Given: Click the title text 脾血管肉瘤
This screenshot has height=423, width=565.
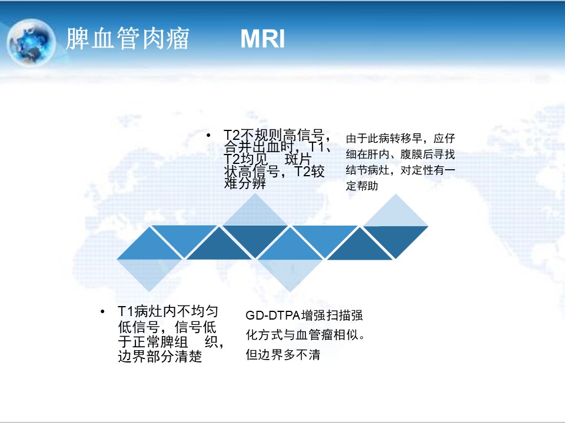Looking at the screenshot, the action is (x=128, y=38).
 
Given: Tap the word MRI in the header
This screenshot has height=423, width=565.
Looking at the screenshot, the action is (x=262, y=39).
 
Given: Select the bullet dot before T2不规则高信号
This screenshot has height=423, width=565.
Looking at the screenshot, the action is (x=208, y=135).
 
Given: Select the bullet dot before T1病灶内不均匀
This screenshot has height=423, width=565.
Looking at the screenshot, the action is (x=102, y=311).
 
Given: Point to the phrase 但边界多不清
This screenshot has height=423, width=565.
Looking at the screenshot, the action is (x=283, y=355).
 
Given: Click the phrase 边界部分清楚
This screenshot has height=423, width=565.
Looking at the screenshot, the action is (x=159, y=357).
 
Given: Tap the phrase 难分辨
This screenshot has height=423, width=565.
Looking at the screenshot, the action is (x=245, y=183).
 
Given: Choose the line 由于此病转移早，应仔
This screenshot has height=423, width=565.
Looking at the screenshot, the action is (x=400, y=139).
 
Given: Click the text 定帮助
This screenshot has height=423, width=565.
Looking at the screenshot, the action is (x=362, y=186).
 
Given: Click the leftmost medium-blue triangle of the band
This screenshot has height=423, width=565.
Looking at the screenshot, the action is (x=149, y=248).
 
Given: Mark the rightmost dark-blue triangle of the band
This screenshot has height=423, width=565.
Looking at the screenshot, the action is (x=395, y=237).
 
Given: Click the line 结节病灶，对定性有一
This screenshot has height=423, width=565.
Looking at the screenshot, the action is (x=400, y=170).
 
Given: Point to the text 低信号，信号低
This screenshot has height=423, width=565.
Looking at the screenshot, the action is (x=167, y=327).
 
